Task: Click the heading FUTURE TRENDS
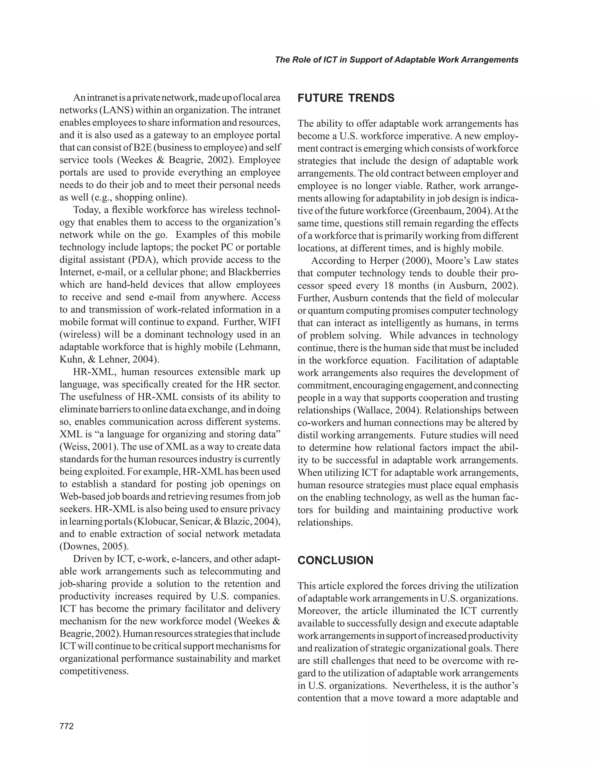pyautogui.click(x=346, y=98)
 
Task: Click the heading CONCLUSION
pyautogui.click(x=335, y=560)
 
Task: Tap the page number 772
pyautogui.click(x=67, y=726)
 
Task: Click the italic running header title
pyautogui.click(x=397, y=60)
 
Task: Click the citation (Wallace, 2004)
pyautogui.click(x=388, y=410)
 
